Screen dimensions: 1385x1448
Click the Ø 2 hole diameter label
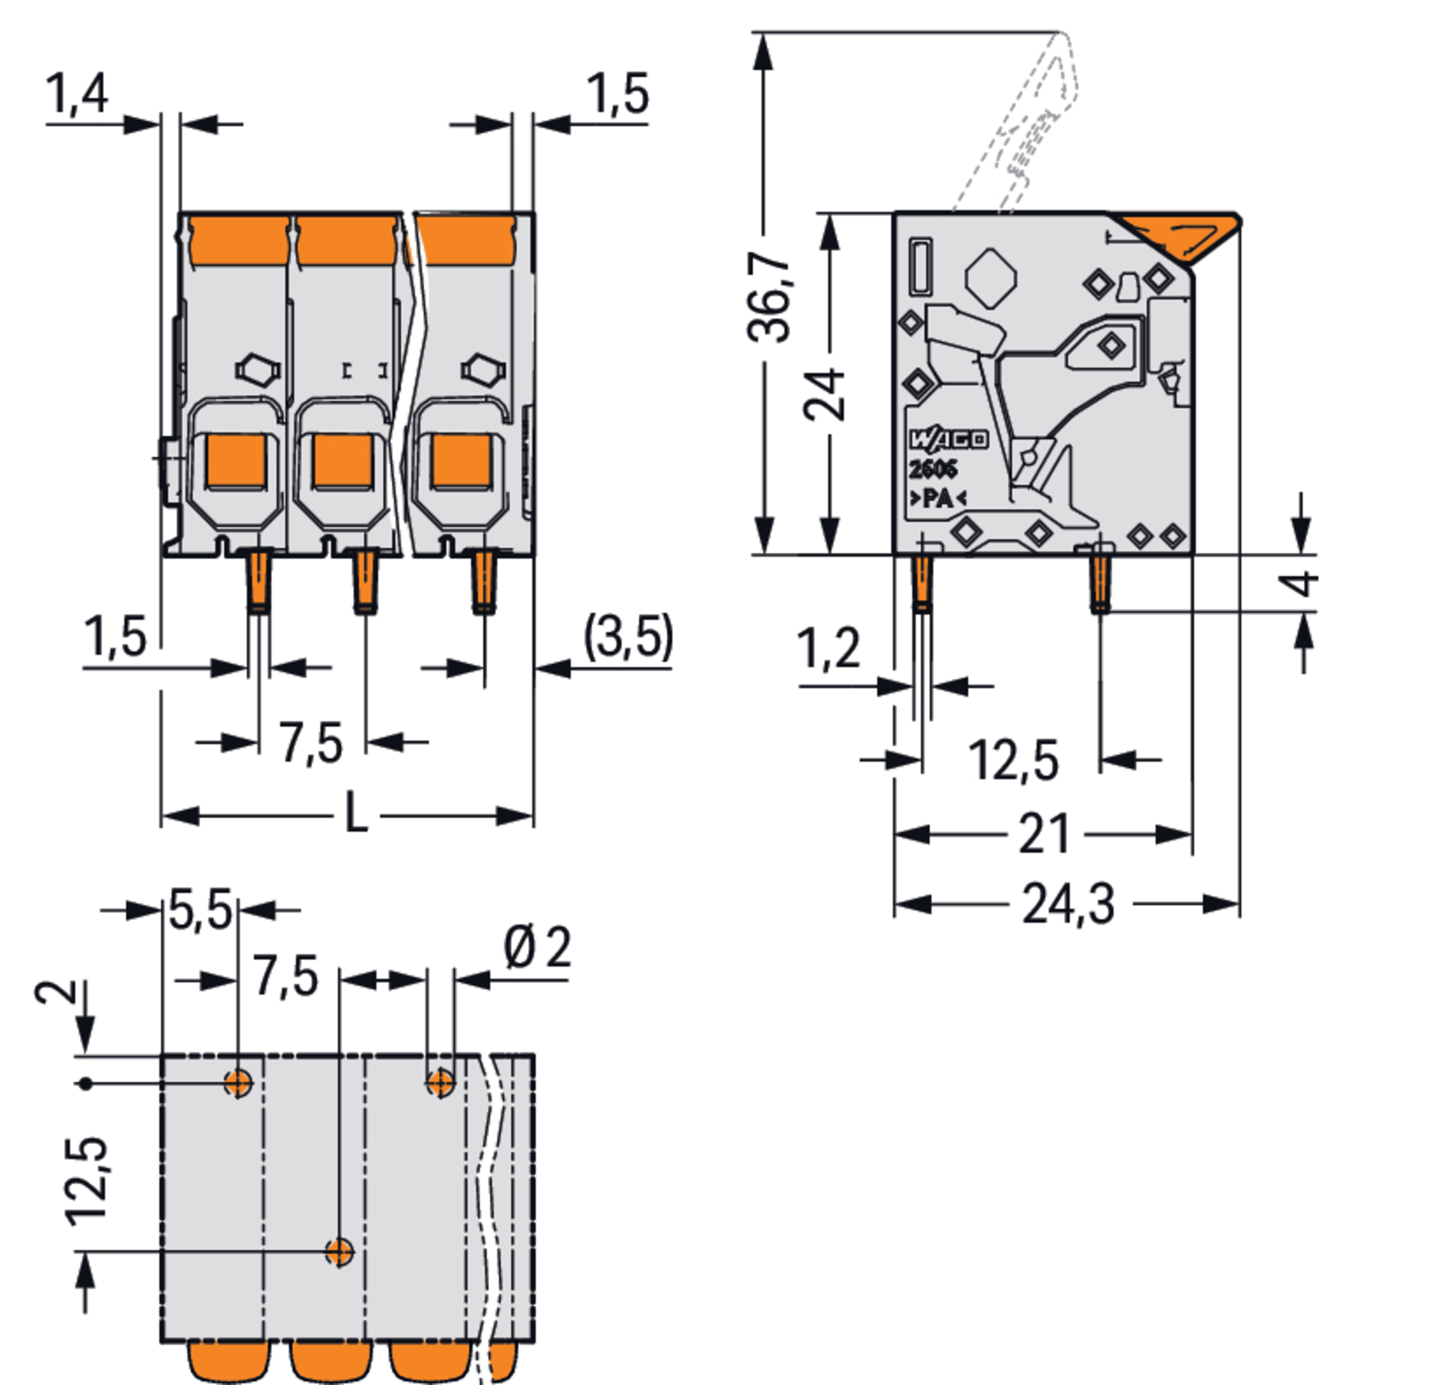[x=537, y=949]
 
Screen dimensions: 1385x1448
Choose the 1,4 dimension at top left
[x=77, y=93]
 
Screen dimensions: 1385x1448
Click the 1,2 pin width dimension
[x=828, y=650]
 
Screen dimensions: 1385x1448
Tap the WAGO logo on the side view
[x=947, y=440]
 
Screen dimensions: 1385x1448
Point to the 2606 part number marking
[x=933, y=469]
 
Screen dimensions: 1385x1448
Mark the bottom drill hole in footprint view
[x=340, y=1252]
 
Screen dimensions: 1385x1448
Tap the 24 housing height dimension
[x=824, y=395]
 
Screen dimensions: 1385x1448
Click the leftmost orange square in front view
[x=235, y=461]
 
